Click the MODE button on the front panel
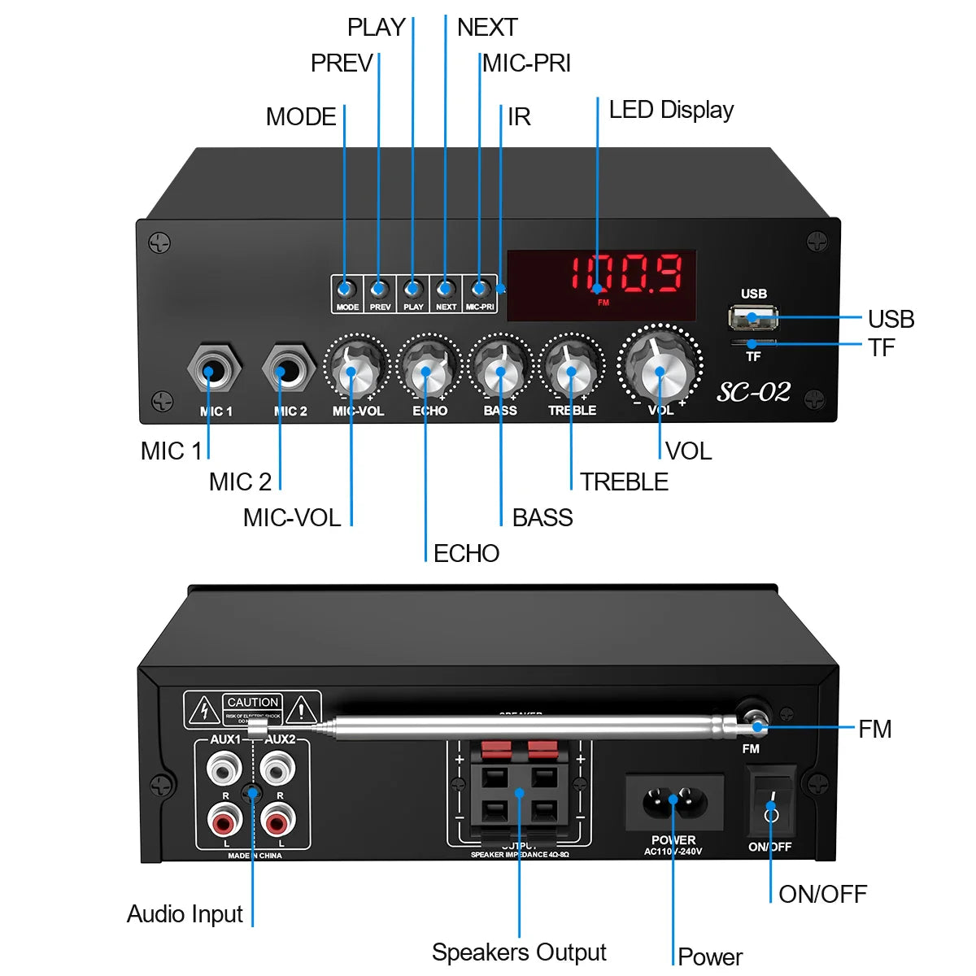click(x=346, y=289)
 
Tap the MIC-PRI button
click(x=480, y=289)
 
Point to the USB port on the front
click(x=752, y=316)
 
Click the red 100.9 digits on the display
click(x=626, y=273)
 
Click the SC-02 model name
click(x=753, y=392)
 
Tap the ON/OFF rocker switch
click(x=771, y=801)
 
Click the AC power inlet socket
click(x=674, y=801)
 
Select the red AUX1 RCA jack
click(x=224, y=821)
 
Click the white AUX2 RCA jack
click(x=277, y=767)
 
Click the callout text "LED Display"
click(x=671, y=110)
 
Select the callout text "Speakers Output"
click(x=519, y=952)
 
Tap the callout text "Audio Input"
click(x=185, y=914)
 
